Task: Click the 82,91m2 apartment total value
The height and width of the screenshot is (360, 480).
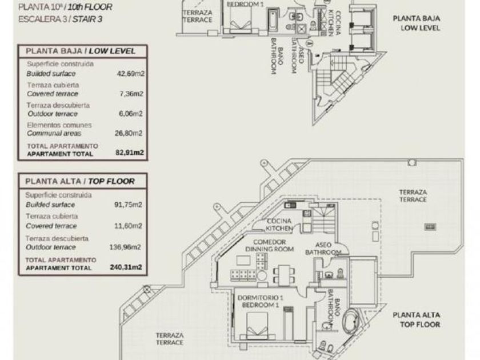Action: coord(130,153)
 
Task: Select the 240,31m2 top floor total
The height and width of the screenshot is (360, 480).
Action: coord(126,267)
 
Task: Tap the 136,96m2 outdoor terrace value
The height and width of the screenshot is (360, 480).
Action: coord(125,247)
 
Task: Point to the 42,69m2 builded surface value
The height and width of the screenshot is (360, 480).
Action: coord(130,74)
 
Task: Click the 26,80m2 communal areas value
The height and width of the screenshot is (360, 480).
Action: coord(128,133)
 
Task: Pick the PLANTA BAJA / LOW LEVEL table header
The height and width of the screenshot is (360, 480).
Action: coord(81,51)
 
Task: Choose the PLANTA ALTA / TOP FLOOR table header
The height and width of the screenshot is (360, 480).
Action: coord(80,182)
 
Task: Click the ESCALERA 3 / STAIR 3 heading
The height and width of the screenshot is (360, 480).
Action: coord(61,19)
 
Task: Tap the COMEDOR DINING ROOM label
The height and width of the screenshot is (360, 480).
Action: coord(270,246)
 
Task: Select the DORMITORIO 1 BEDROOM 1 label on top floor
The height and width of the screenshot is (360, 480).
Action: coord(260,301)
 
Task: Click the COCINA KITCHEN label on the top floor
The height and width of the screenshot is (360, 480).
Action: coord(279,225)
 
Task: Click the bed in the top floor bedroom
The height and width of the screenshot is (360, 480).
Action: coord(257,325)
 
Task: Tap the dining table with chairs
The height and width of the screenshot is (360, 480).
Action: coord(285,274)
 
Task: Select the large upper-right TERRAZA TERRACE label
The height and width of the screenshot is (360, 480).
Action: coord(413,196)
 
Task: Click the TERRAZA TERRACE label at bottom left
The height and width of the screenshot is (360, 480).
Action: coord(170,339)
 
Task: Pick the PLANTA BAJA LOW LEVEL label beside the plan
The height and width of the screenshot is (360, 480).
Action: coord(417,23)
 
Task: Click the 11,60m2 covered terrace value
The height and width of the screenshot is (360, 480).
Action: coord(128,226)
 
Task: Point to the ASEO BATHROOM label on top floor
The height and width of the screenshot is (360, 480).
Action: coord(323,249)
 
